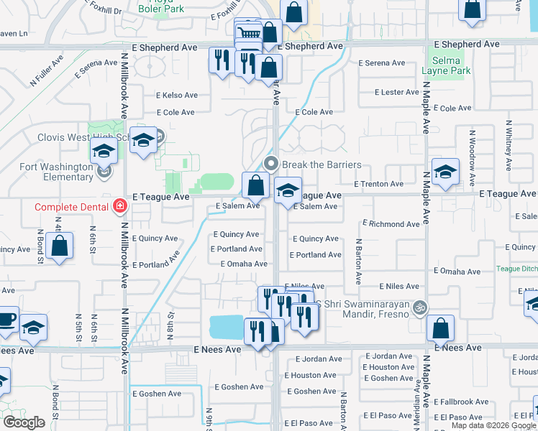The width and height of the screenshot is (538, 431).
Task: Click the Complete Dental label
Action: coord(69,208)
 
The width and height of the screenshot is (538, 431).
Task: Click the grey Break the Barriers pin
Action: coord(271,164)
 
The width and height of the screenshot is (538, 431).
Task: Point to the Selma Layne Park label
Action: coord(446,66)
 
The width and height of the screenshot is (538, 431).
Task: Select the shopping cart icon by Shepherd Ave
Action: coord(248,33)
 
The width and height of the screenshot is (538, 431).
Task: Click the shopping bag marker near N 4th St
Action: coord(61,245)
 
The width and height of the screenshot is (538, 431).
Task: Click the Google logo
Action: coord(24,422)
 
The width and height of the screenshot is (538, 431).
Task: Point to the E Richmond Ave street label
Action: coord(391,224)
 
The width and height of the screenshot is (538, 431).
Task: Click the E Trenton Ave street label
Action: coord(378,184)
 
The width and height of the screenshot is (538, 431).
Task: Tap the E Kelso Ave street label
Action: coord(177,95)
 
